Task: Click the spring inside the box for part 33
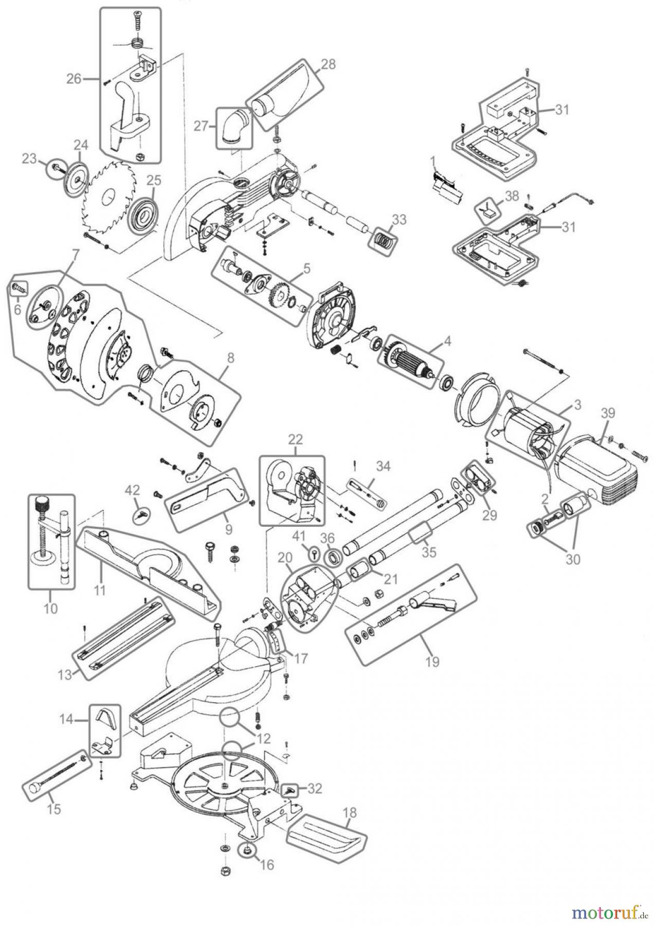[x=385, y=238]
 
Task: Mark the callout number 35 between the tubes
[x=429, y=551]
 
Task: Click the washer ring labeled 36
[x=334, y=557]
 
